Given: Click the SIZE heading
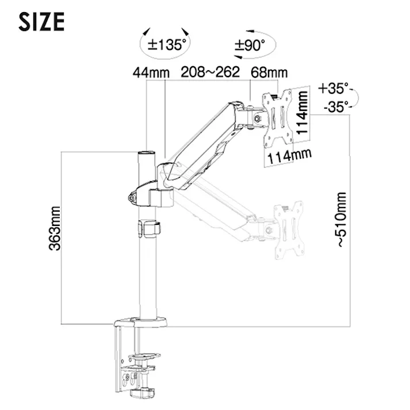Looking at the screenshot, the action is pos(41,22).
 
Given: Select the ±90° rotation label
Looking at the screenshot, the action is pos(250,45).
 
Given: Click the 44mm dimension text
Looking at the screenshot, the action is pos(151,72).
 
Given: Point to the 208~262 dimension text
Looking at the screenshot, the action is pos(210,72).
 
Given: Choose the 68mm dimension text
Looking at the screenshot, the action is pos(269,72).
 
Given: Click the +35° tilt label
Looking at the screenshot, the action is pos(334,88).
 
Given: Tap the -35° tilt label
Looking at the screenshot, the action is pos(336,107).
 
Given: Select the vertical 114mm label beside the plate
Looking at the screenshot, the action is pos(302,113).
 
